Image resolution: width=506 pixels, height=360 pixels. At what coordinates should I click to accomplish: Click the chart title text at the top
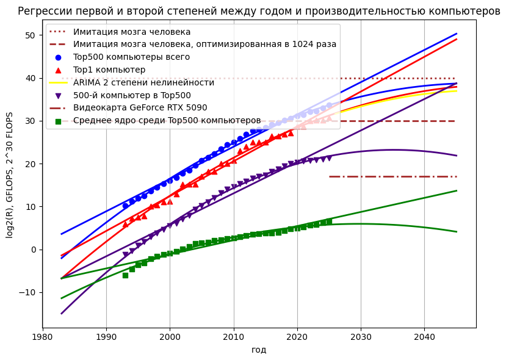(259, 11)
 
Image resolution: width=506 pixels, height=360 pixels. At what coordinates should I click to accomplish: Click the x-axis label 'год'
(259, 350)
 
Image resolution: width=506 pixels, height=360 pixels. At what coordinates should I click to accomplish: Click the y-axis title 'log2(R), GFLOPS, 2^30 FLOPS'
(10, 175)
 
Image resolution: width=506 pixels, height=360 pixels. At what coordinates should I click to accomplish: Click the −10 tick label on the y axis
(28, 292)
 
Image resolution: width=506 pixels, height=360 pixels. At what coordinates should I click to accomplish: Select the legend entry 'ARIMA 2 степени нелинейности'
(143, 82)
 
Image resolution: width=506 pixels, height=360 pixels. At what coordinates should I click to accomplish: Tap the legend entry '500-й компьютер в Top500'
(132, 95)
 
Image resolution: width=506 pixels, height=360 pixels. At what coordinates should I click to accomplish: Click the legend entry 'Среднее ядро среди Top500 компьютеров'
(167, 120)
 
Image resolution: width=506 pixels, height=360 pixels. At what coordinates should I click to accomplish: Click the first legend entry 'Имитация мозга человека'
(132, 32)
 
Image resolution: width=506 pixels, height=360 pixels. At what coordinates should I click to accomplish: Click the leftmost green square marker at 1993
(125, 275)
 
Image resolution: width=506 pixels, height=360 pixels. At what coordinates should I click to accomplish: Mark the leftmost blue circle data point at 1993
(125, 206)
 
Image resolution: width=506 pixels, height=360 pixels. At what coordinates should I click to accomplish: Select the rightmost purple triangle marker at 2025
(329, 158)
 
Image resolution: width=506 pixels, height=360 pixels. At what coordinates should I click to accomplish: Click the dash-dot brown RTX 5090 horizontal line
(391, 176)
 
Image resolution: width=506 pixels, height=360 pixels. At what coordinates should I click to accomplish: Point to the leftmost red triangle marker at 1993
(125, 224)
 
